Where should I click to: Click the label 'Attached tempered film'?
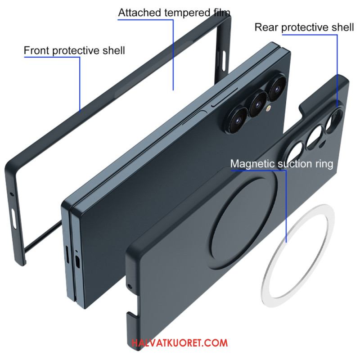[174, 13]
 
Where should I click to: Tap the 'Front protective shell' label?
[74, 50]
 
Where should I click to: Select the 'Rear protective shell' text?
[304, 27]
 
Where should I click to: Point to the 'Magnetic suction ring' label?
[282, 164]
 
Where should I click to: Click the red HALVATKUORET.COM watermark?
[180, 343]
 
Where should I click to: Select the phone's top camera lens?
[277, 88]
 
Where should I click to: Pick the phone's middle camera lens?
[258, 104]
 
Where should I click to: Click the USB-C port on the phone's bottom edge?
[77, 262]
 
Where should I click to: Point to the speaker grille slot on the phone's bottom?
[67, 254]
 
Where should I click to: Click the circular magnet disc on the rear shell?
[243, 219]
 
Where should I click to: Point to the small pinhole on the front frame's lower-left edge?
[12, 194]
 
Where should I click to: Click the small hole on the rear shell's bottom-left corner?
[130, 287]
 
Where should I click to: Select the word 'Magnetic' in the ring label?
[252, 164]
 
